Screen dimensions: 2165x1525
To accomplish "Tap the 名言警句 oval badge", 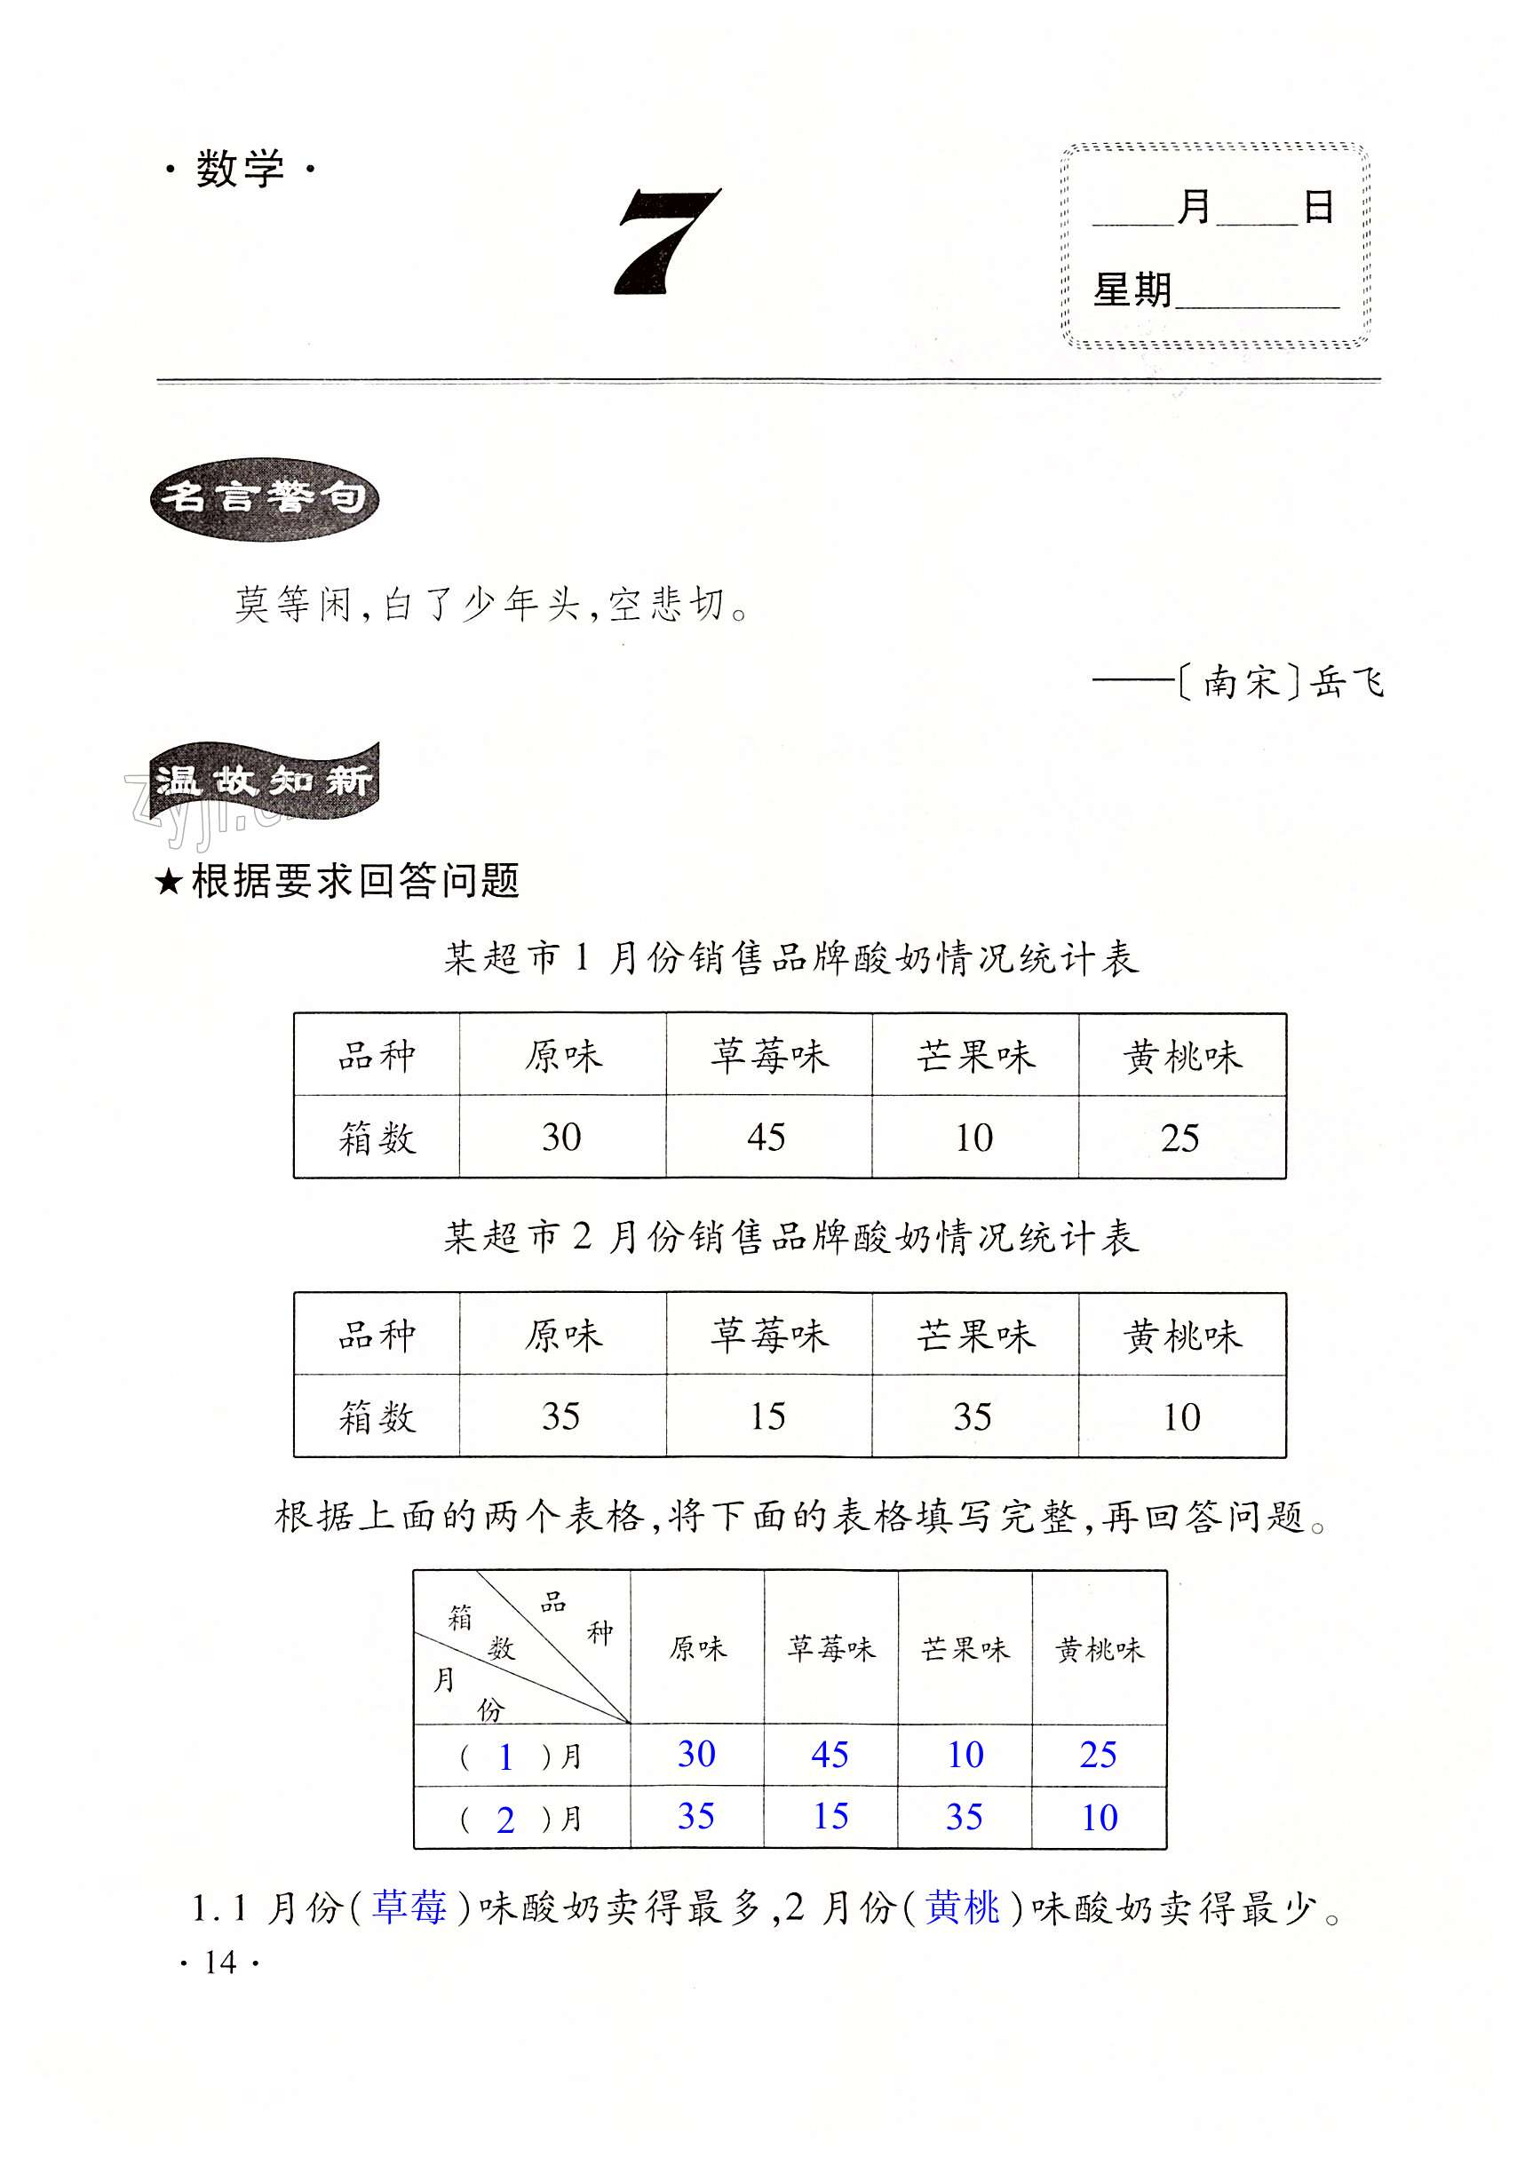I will click(x=264, y=499).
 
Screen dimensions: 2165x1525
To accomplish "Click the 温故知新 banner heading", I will click(x=265, y=781).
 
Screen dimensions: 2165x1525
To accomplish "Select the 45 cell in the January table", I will click(x=766, y=1138).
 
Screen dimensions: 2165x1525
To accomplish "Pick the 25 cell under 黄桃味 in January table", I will click(x=1179, y=1138).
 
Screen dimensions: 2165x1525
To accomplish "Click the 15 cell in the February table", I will click(x=767, y=1416).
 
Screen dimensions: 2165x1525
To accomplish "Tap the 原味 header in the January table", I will click(x=563, y=1056).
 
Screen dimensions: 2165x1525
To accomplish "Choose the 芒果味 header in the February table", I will click(x=975, y=1336).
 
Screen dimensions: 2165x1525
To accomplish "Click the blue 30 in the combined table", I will click(x=696, y=1754).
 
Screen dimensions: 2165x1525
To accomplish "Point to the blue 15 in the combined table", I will click(x=830, y=1816).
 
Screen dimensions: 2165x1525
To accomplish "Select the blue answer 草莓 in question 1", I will click(x=409, y=1908).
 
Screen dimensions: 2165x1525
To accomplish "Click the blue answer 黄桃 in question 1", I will click(x=962, y=1908).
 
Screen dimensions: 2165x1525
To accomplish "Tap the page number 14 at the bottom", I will click(x=219, y=1963).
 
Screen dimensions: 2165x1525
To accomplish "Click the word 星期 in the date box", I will click(x=1132, y=289).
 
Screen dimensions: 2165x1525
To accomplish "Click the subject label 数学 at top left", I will click(x=240, y=170).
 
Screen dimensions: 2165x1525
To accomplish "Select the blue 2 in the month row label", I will click(x=505, y=1820).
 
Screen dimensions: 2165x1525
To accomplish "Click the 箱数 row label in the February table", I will click(x=377, y=1417).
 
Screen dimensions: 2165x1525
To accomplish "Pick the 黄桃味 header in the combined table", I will click(x=1099, y=1650).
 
